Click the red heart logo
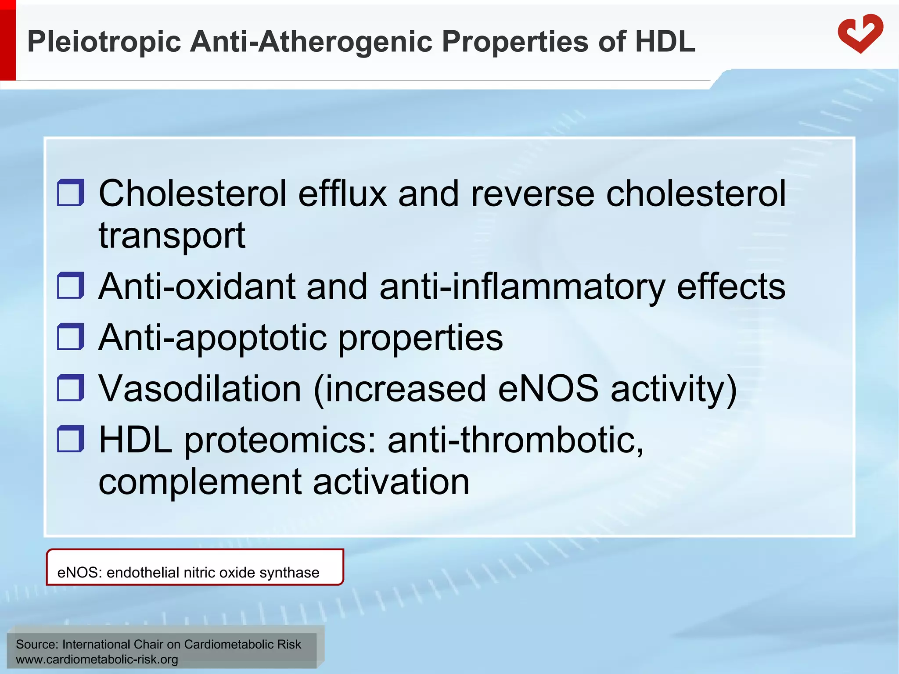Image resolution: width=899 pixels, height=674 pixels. coord(859,34)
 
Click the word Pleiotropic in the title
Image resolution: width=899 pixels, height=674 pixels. coord(104,42)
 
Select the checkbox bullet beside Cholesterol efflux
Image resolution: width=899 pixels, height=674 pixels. coord(70,192)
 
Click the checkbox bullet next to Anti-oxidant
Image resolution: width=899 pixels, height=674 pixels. coord(70,285)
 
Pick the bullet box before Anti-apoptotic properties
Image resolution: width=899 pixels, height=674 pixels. coord(70,337)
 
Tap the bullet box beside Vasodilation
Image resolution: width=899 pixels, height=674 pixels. coord(70,387)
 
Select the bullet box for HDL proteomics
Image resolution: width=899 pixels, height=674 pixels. coord(70,438)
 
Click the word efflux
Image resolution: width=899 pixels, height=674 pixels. coord(342,194)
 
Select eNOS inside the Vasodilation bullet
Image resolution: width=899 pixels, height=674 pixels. coord(548,389)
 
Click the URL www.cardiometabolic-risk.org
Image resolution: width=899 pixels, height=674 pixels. coord(97,659)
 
